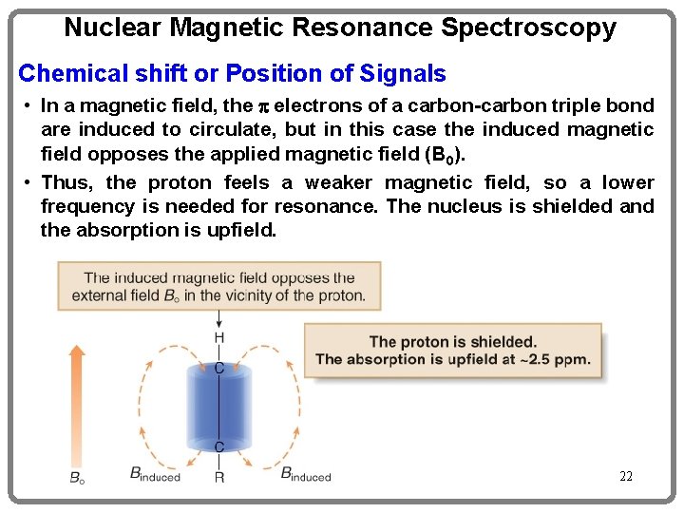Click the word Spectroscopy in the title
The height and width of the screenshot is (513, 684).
click(x=528, y=28)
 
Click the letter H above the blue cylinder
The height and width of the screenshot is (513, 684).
click(x=219, y=338)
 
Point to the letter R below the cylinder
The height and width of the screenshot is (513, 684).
click(x=219, y=477)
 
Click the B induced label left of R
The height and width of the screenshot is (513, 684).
click(x=154, y=474)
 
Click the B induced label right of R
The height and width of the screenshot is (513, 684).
click(x=306, y=474)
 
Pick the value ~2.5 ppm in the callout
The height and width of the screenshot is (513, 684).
click(x=555, y=359)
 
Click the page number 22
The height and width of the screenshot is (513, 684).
click(x=625, y=476)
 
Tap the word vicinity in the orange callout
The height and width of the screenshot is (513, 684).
click(x=262, y=295)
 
